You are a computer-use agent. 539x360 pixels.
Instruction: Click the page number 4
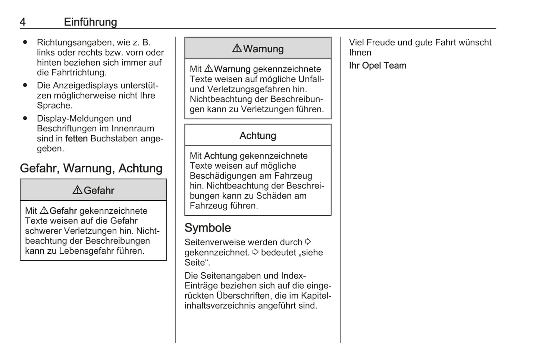pos(23,22)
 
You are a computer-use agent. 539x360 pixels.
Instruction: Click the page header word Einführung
pos(90,22)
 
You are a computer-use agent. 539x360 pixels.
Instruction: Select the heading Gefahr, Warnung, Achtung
pos(91,168)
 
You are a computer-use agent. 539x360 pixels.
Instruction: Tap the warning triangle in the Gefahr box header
pos(77,190)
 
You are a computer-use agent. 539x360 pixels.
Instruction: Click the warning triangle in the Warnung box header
pos(237,48)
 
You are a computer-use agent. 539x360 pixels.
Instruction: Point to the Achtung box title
pos(258,135)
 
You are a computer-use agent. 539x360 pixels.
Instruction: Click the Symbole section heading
pos(208,228)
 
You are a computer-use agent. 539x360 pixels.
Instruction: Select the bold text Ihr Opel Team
pos(377,66)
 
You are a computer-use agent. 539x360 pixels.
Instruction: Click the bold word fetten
pos(76,139)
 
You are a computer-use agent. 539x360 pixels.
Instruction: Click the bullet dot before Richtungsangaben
pos(25,42)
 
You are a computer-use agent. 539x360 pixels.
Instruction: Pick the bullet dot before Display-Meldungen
pos(25,118)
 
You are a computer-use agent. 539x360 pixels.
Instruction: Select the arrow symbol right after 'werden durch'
pos(308,242)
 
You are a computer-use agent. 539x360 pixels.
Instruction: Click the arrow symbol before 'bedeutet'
pos(255,252)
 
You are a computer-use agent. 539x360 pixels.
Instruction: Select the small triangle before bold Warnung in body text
pos(209,69)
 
